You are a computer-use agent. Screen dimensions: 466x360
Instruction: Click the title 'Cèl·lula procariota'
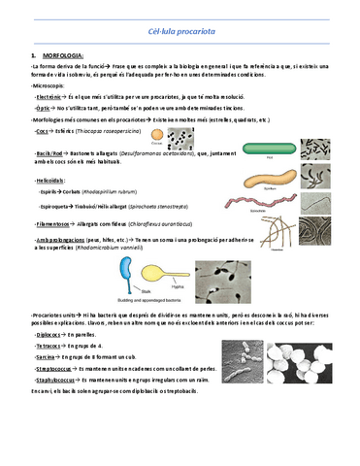coord(180,33)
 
